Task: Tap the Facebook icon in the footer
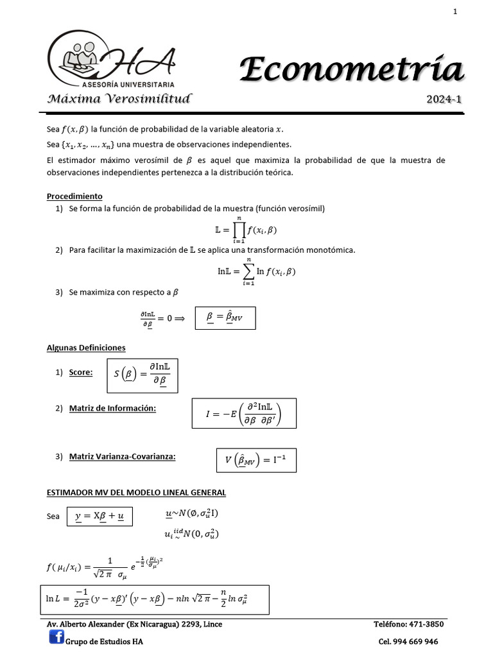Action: pyautogui.click(x=56, y=638)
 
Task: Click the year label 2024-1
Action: pyautogui.click(x=444, y=99)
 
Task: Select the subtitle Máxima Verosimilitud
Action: pyautogui.click(x=119, y=99)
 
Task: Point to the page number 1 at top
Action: pyautogui.click(x=455, y=11)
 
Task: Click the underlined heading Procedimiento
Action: pyautogui.click(x=74, y=196)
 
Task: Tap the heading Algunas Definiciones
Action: pyautogui.click(x=86, y=348)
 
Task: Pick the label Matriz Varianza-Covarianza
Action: pyautogui.click(x=122, y=456)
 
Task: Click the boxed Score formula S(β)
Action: pyautogui.click(x=142, y=375)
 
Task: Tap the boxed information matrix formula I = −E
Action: pyautogui.click(x=244, y=413)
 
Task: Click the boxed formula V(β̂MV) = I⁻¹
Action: pyautogui.click(x=255, y=461)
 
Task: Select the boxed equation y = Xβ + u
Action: pyautogui.click(x=99, y=516)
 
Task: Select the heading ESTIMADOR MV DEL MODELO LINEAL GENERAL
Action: pyautogui.click(x=136, y=493)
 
